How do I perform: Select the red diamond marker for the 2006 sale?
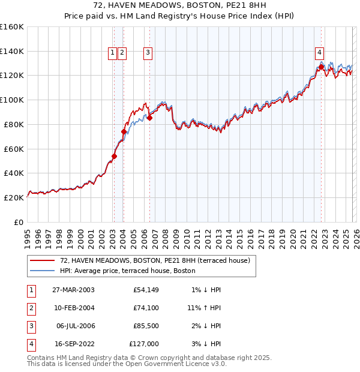click(149, 118)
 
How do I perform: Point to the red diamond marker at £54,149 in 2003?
click(114, 156)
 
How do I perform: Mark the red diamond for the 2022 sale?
click(321, 67)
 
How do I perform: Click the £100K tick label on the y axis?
click(12, 100)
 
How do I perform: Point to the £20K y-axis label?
click(14, 197)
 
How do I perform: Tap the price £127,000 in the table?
click(144, 344)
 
